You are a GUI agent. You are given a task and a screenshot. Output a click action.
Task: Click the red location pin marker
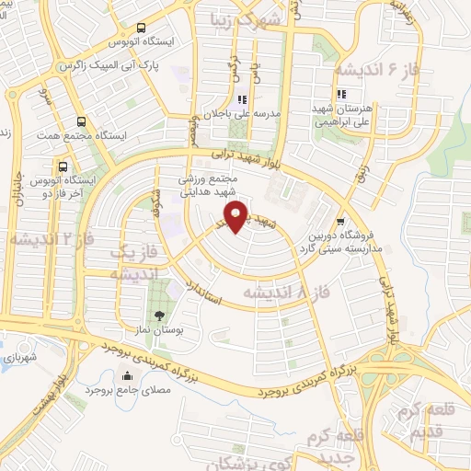237,217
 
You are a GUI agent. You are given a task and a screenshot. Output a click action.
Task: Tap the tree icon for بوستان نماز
162,316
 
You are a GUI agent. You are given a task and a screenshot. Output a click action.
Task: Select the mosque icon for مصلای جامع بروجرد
127,374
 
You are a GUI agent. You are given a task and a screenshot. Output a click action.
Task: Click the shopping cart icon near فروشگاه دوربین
341,221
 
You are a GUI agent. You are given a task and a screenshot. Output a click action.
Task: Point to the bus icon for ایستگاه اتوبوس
140,29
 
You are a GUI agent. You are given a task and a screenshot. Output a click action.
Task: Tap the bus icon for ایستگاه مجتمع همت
82,121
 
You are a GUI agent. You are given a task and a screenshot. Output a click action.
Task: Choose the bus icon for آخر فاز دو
63,167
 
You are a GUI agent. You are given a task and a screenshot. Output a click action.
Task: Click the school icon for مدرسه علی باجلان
242,100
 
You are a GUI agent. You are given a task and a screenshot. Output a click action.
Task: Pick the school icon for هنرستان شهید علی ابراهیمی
340,94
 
